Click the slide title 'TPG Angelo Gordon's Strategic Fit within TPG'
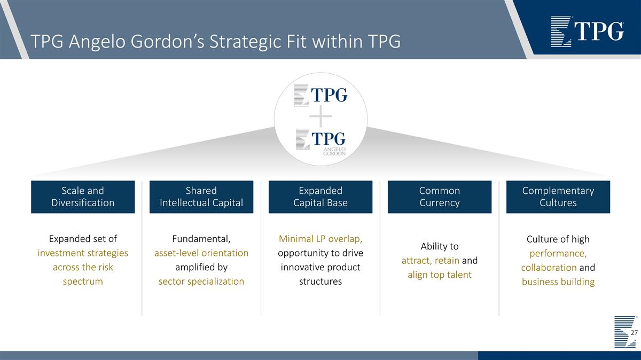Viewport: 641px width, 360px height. point(215,41)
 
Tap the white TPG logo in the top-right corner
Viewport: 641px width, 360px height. point(587,32)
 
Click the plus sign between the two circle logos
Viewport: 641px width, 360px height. point(320,116)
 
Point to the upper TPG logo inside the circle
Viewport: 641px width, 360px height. point(321,95)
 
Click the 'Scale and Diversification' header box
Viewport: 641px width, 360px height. point(83,197)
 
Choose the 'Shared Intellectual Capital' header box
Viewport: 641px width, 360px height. point(201,197)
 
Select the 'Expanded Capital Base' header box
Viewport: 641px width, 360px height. point(320,197)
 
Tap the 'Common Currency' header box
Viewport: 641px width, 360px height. point(439,197)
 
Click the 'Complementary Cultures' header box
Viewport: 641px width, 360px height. point(558,197)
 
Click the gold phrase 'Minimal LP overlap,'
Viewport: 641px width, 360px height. point(320,239)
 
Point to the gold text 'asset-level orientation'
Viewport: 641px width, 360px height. point(201,253)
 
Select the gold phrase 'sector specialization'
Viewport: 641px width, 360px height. point(201,281)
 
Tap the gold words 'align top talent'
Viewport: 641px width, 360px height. point(439,275)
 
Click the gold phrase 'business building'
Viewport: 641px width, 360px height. point(558,281)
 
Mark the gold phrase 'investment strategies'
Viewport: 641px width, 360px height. point(83,253)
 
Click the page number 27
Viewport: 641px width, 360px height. point(634,333)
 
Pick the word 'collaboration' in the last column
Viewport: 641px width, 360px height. point(549,267)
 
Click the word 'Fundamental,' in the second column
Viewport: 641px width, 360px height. point(201,239)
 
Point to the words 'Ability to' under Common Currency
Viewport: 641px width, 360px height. point(439,246)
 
